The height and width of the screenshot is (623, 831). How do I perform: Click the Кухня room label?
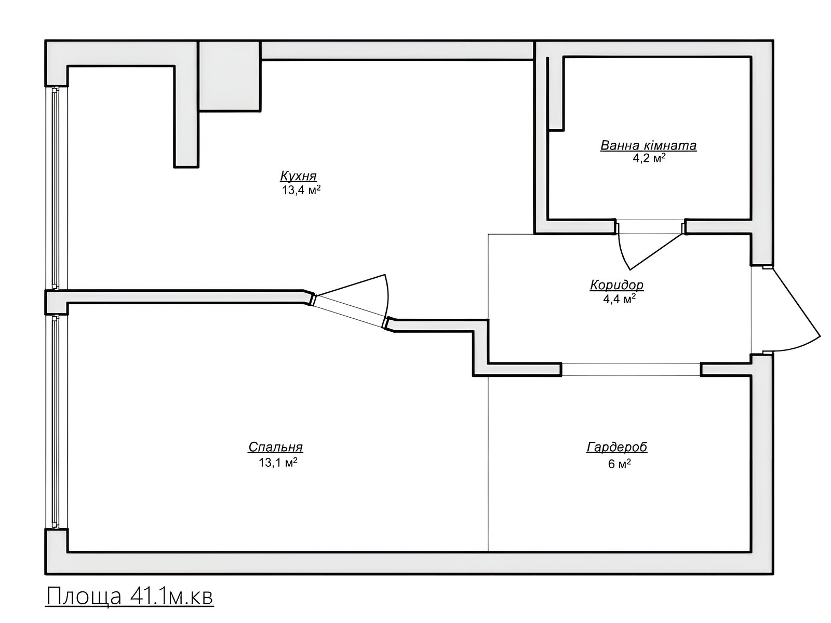pyautogui.click(x=298, y=177)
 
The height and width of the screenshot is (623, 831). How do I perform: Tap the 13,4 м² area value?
pyautogui.click(x=301, y=189)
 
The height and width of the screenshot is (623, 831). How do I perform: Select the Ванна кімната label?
pyautogui.click(x=648, y=146)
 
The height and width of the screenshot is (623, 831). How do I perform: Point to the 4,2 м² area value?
pyautogui.click(x=649, y=158)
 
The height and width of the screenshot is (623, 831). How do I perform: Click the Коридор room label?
pyautogui.click(x=616, y=285)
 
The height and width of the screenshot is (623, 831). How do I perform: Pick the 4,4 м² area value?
pyautogui.click(x=619, y=299)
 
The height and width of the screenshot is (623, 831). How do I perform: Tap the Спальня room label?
pyautogui.click(x=276, y=447)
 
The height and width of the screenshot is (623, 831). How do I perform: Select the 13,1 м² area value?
pyautogui.click(x=277, y=462)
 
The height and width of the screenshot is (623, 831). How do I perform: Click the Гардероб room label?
pyautogui.click(x=616, y=447)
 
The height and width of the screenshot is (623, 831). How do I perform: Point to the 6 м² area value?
pyautogui.click(x=620, y=464)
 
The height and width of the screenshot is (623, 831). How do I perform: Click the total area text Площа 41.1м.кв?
pyautogui.click(x=129, y=597)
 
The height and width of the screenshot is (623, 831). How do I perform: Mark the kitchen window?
pyautogui.click(x=56, y=188)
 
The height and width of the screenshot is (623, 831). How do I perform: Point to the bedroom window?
pyautogui.click(x=56, y=422)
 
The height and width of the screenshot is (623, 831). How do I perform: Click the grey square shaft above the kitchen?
pyautogui.click(x=230, y=76)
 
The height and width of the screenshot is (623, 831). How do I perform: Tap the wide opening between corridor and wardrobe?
pyautogui.click(x=631, y=370)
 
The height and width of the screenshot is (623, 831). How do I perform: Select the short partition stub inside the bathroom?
pyautogui.click(x=555, y=94)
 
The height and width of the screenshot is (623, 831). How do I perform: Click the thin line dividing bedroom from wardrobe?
pyautogui.click(x=488, y=464)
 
